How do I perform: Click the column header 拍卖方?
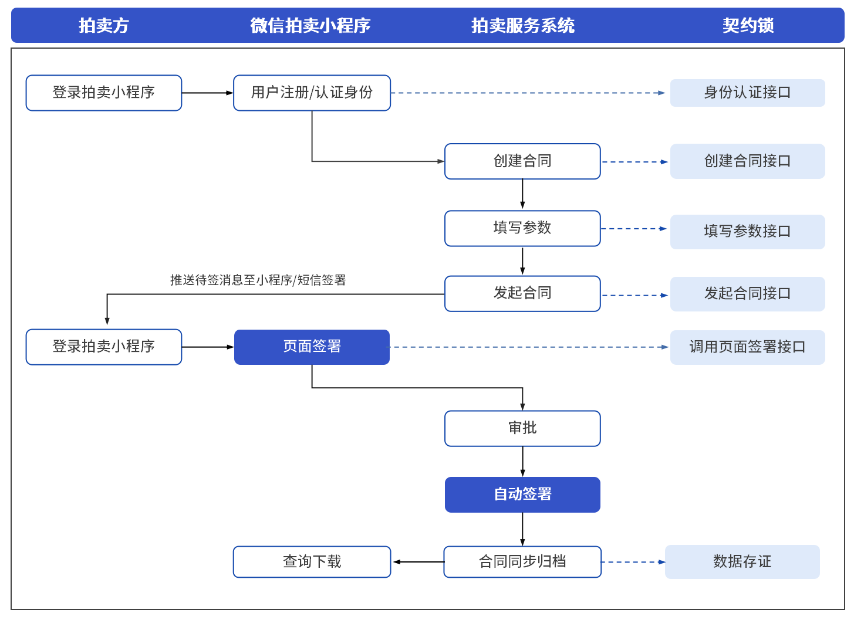(104, 25)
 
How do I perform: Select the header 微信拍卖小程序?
(310, 25)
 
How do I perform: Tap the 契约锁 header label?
(748, 25)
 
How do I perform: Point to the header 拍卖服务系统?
(522, 25)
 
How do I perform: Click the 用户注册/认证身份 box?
(312, 93)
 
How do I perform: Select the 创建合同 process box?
(522, 161)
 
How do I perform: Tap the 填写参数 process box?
(522, 228)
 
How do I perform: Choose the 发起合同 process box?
(522, 293)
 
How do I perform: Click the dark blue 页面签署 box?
(312, 347)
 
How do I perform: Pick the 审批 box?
(522, 428)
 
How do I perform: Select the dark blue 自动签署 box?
(522, 494)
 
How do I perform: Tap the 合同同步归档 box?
(522, 562)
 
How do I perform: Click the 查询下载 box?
(312, 562)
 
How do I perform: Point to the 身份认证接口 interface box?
(747, 93)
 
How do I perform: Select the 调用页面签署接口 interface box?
(747, 347)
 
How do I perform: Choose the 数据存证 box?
(742, 562)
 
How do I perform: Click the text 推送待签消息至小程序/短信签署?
(258, 280)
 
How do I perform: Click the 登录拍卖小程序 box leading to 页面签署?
(104, 347)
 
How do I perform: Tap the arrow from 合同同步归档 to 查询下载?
(418, 562)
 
